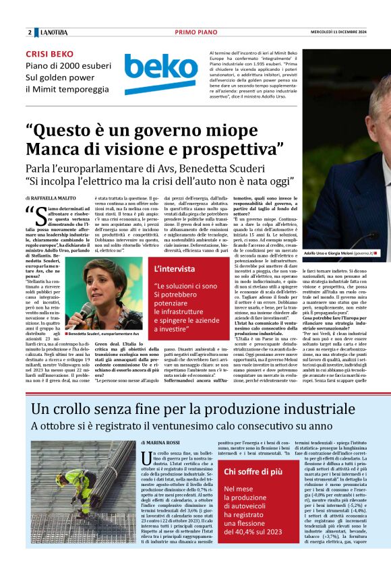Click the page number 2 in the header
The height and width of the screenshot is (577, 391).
(x=30, y=32)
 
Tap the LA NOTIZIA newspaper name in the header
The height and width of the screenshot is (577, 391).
(x=54, y=32)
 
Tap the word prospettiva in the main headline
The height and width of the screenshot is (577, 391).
(x=229, y=148)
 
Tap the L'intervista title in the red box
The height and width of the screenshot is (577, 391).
(x=175, y=269)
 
